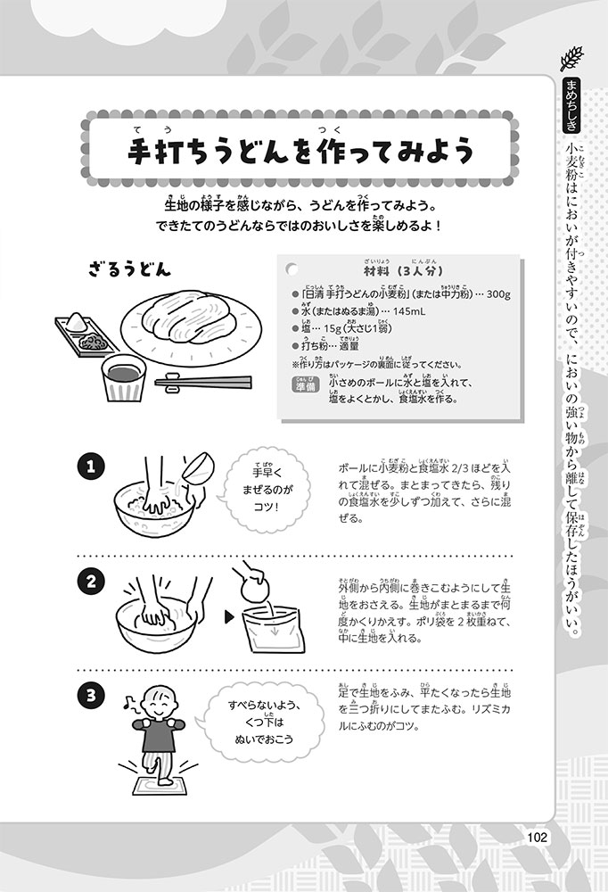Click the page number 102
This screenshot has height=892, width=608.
click(537, 837)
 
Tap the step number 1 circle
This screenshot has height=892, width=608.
click(91, 467)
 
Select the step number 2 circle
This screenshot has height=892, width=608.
click(91, 582)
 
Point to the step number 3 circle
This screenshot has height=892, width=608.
click(91, 695)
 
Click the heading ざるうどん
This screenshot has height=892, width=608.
click(129, 268)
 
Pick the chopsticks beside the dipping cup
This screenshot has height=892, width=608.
click(203, 383)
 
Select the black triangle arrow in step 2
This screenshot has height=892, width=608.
click(229, 617)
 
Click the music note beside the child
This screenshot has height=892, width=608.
click(129, 706)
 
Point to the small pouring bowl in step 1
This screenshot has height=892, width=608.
click(197, 467)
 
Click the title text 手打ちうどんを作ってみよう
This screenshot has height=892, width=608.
click(300, 152)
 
